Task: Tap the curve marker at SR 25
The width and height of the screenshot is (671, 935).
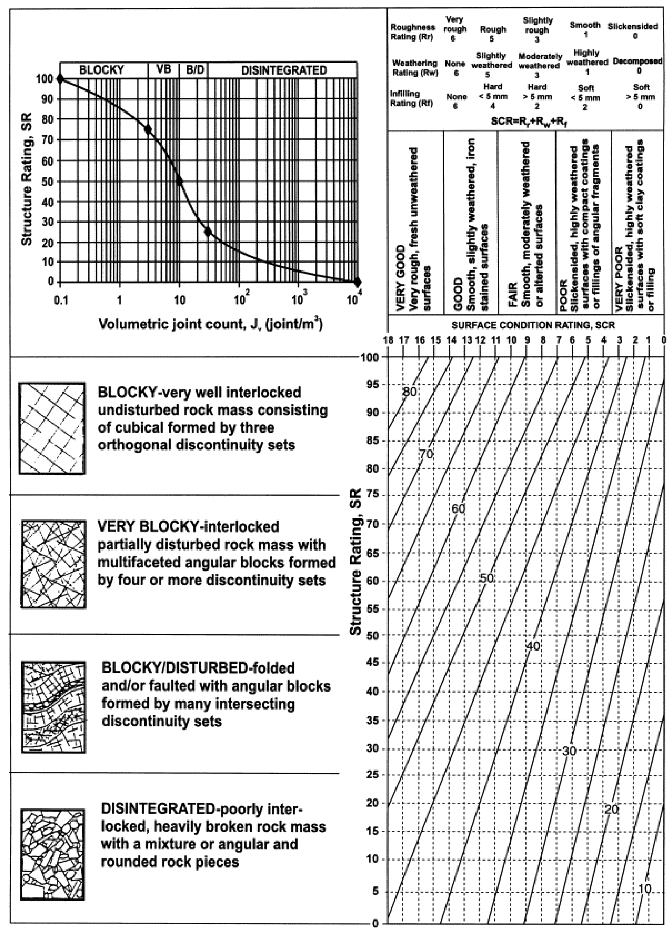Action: click(208, 232)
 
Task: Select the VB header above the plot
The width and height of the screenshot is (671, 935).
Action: click(164, 70)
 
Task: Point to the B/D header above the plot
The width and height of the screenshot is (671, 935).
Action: click(194, 70)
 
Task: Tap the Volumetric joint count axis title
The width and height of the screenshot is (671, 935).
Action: click(210, 324)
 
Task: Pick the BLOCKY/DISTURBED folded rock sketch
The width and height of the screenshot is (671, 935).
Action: click(54, 707)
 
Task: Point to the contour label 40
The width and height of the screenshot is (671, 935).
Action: click(533, 646)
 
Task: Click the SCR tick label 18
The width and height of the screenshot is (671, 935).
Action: click(388, 340)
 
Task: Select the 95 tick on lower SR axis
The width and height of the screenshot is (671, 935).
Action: click(372, 385)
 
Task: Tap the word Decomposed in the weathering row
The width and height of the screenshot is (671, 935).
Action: click(637, 61)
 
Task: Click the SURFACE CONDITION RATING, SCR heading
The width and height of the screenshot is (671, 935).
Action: click(533, 325)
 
